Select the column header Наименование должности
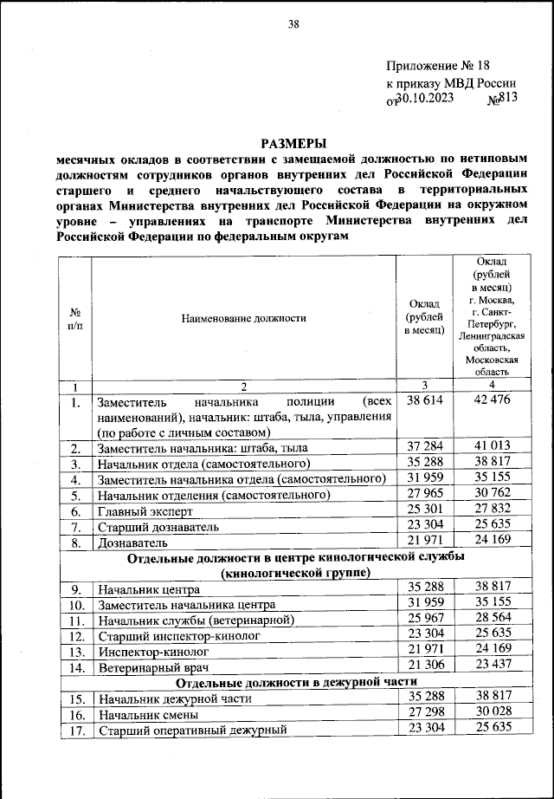[x=243, y=318]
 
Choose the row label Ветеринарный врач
[x=154, y=667]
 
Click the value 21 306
[x=424, y=666]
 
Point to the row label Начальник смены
[x=147, y=715]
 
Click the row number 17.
[x=75, y=731]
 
